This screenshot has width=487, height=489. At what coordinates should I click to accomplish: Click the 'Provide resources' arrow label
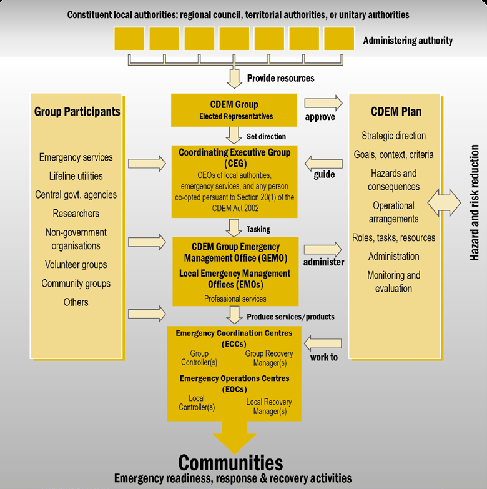(x=280, y=78)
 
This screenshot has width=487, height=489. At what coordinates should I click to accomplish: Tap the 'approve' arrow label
(x=320, y=116)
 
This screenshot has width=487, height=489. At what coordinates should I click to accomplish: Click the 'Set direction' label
(x=266, y=136)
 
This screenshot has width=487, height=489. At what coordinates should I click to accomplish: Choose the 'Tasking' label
(x=258, y=229)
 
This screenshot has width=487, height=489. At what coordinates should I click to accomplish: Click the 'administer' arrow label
(x=324, y=262)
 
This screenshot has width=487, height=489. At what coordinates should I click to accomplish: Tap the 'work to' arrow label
(x=324, y=357)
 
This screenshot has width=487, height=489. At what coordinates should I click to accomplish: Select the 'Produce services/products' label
(x=290, y=317)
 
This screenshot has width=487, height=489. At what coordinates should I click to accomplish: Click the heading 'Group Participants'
(x=77, y=112)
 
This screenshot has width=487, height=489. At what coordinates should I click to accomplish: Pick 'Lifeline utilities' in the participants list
(x=76, y=176)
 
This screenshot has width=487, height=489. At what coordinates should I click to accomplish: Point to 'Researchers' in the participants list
(x=76, y=214)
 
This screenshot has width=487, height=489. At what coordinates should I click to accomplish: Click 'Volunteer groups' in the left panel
(x=76, y=265)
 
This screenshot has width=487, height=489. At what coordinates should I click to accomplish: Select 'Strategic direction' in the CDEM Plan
(x=394, y=136)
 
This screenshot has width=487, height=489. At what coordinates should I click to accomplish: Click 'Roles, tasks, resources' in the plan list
(x=394, y=237)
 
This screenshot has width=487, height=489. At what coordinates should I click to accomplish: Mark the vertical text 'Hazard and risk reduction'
(x=475, y=203)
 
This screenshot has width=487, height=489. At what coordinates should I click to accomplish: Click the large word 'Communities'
(x=231, y=463)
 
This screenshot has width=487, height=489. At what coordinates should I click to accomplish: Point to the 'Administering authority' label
(x=408, y=41)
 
